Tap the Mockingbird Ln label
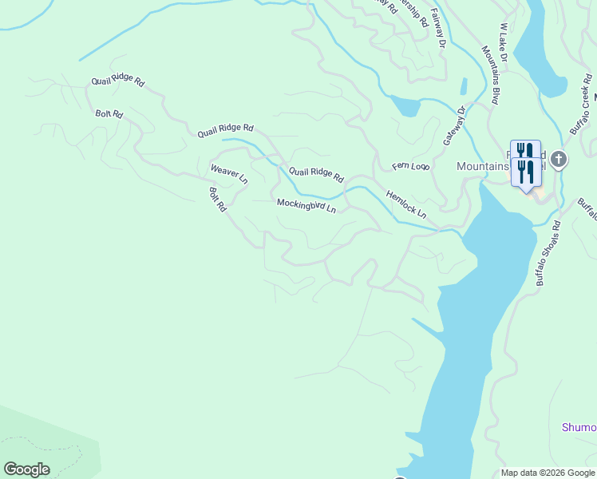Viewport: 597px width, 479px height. coord(306,205)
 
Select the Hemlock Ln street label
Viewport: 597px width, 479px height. coord(406,204)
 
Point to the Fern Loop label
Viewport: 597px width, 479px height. coord(410,166)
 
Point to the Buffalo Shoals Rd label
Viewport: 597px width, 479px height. coord(548,254)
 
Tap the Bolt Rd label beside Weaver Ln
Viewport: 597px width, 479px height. coord(218,199)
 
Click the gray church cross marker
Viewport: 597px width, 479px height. coord(559,159)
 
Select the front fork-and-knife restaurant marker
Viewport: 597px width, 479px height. coord(525,172)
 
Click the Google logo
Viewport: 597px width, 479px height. coord(26,469)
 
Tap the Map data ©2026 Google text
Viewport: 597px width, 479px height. coord(548,473)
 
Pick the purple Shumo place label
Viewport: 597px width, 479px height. coord(579,427)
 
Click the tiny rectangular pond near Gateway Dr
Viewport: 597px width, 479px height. coord(464,86)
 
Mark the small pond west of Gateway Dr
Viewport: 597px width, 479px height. coord(405,106)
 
